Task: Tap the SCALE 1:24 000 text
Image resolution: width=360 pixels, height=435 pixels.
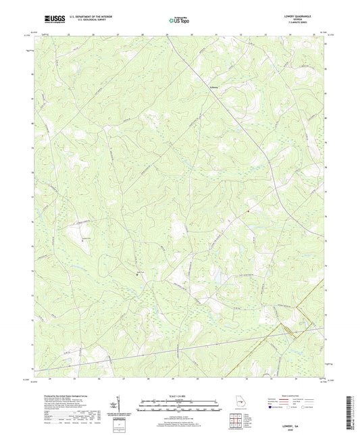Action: click(180, 395)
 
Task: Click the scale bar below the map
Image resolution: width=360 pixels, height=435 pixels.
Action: click(180, 402)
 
